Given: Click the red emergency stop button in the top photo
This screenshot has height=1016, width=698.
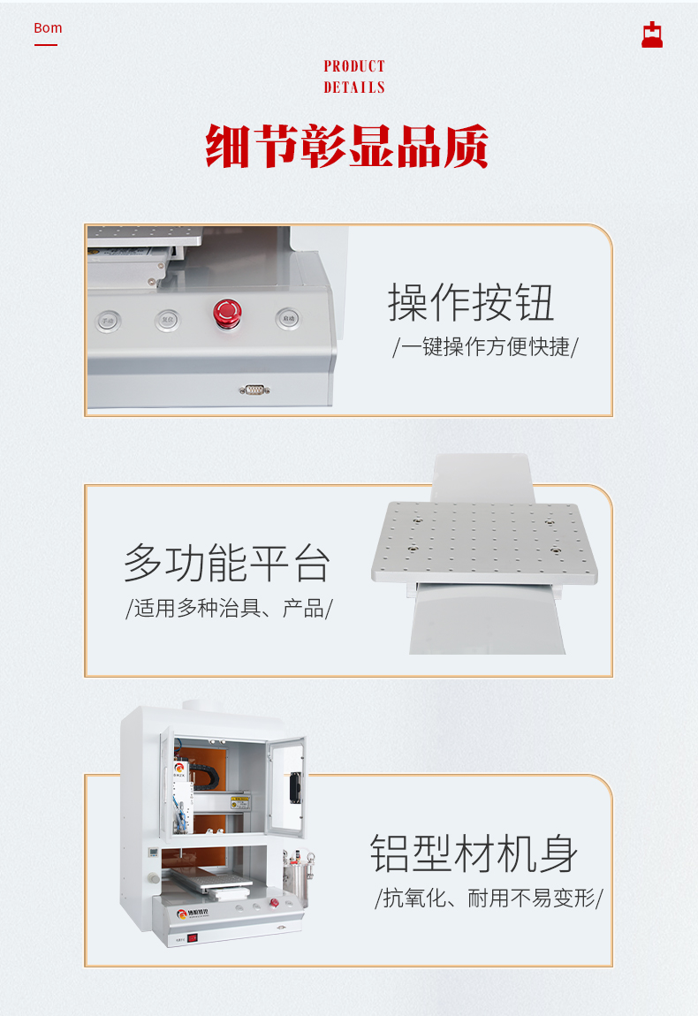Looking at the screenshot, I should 226,312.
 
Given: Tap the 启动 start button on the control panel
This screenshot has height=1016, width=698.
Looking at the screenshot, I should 286,318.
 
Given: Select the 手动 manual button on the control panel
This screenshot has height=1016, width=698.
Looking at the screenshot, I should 108,321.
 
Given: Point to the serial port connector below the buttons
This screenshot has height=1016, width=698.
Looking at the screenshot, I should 254,389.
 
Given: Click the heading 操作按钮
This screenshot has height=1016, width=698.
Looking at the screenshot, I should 471,302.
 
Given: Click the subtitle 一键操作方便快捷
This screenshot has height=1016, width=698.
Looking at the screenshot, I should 485,346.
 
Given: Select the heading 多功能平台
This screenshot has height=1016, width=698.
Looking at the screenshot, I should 227,563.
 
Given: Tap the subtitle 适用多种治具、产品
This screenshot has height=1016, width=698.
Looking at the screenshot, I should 229,608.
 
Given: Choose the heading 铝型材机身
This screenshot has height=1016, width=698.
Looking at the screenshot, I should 474,853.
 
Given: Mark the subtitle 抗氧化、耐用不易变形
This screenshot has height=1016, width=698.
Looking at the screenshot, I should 489,898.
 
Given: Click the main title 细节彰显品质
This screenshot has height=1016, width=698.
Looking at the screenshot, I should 347,147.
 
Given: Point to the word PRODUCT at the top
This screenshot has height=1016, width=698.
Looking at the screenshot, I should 354,66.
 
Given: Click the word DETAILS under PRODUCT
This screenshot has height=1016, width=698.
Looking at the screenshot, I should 354,87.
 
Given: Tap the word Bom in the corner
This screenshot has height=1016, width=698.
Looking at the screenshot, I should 48,28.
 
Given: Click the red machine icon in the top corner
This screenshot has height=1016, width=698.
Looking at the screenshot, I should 652,34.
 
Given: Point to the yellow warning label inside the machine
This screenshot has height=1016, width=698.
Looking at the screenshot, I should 240,802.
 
